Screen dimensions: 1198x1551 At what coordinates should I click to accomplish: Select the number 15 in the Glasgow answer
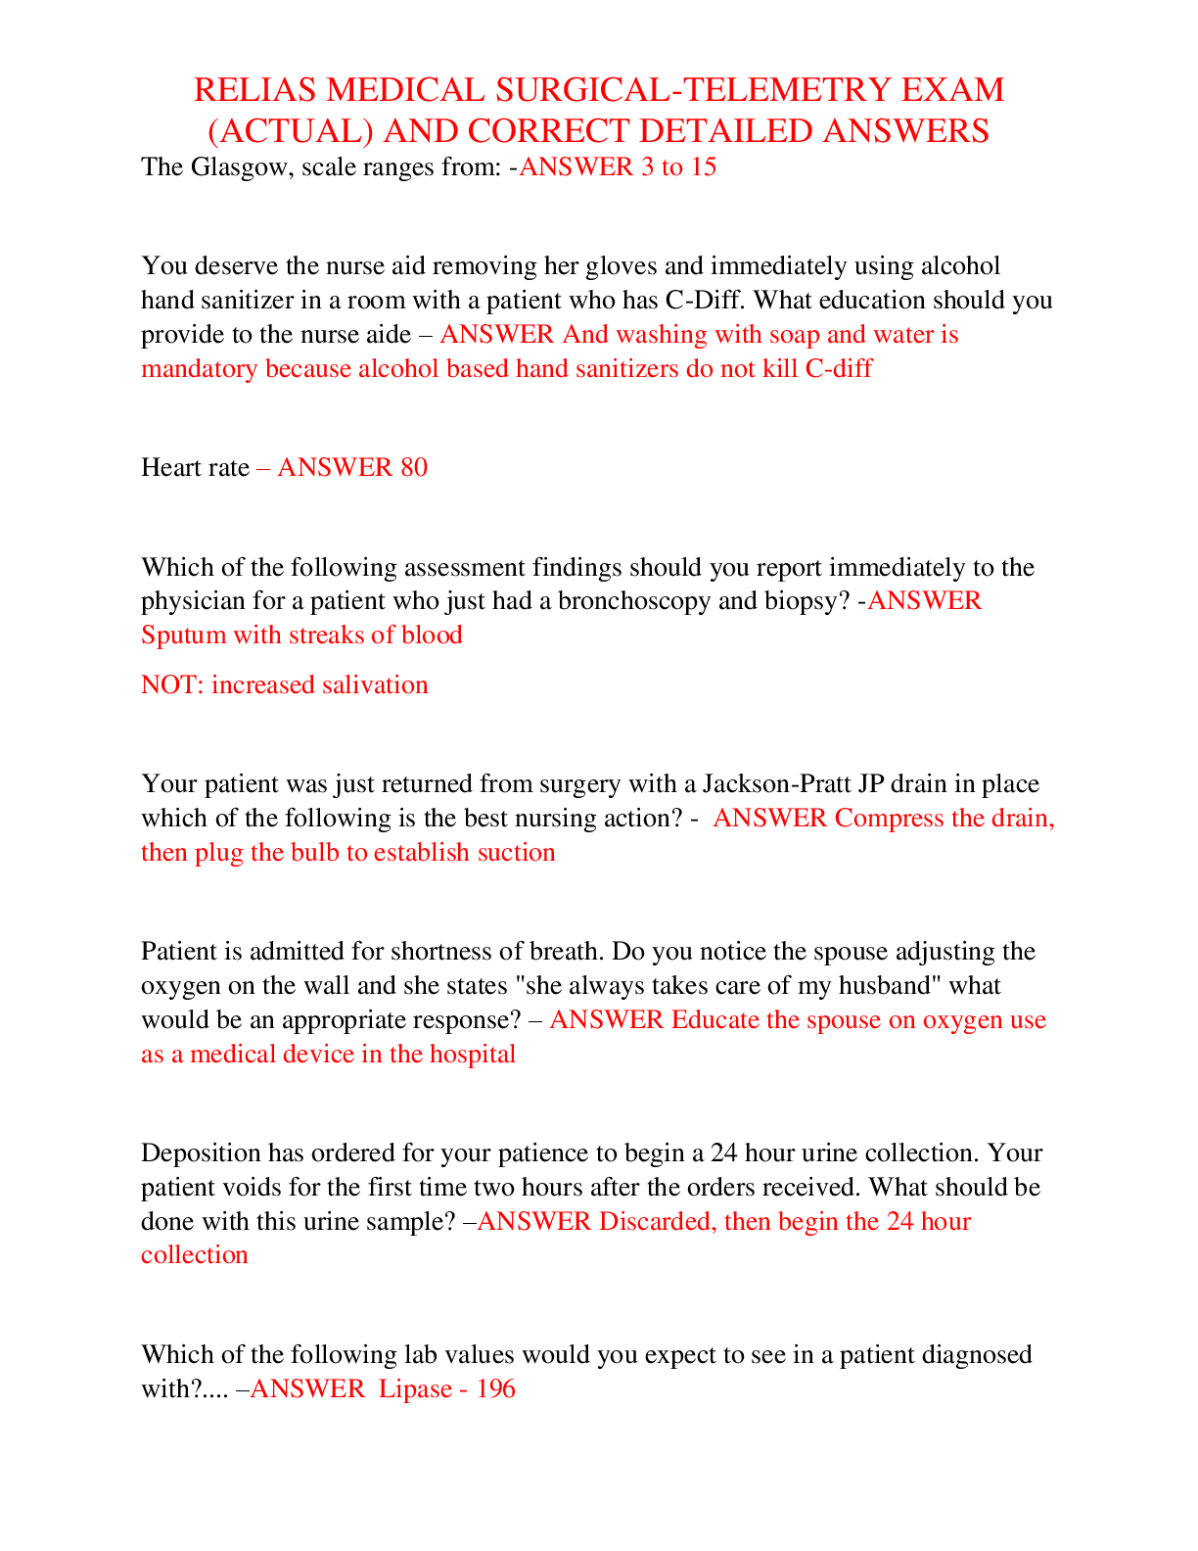pos(703,167)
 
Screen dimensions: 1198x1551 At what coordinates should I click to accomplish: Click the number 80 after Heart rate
pos(414,467)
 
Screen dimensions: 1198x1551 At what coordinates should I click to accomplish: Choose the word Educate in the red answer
pos(714,1020)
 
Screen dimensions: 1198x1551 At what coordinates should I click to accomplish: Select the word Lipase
pos(415,1389)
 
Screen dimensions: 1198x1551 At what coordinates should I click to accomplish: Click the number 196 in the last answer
pos(496,1389)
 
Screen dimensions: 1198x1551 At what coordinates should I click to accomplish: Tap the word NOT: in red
pos(172,684)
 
